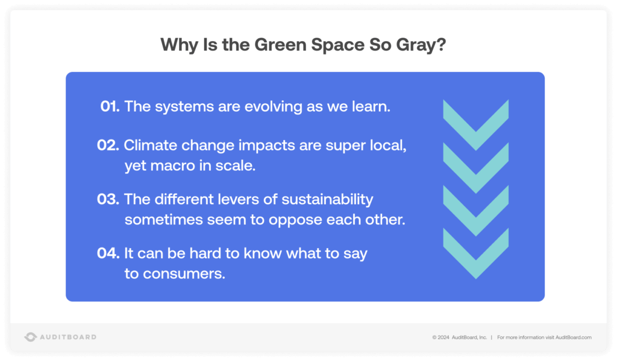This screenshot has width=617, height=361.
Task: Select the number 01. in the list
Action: [x=110, y=107]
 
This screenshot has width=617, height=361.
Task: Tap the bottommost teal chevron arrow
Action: [x=475, y=253]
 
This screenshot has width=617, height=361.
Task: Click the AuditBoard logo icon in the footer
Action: [x=31, y=337]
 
